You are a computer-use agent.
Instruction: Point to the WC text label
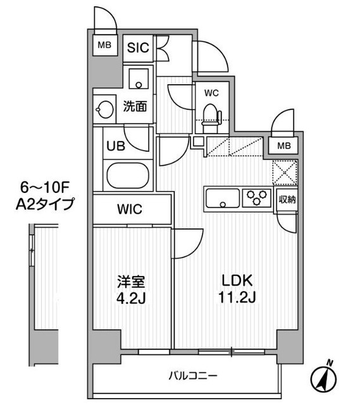[x=211, y=93]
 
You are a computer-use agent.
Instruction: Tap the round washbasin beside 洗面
[x=104, y=109]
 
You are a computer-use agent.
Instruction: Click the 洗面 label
[x=135, y=107]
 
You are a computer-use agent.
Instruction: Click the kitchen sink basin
[x=221, y=201]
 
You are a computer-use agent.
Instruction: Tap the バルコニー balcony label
[x=192, y=375]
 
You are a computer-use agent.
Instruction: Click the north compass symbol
[x=325, y=378]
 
